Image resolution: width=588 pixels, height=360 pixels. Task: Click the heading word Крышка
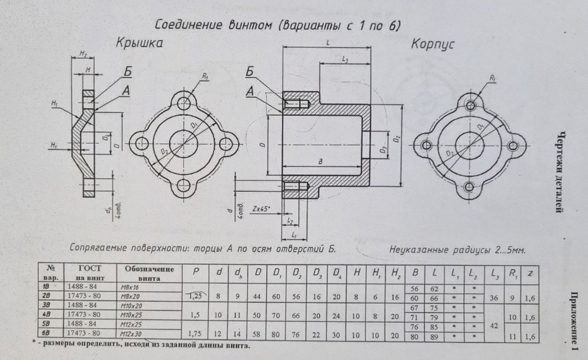(x=139, y=44)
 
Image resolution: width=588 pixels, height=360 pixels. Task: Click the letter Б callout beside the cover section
(x=129, y=72)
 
